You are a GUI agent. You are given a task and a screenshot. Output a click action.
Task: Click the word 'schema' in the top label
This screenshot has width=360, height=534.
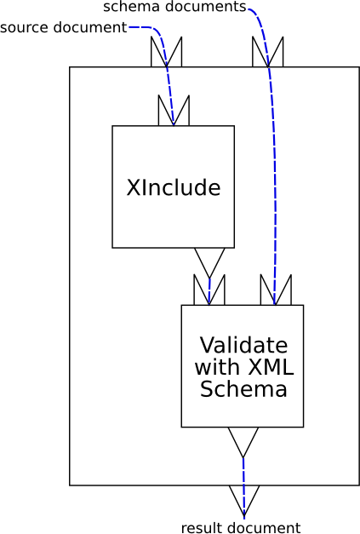point(126,7)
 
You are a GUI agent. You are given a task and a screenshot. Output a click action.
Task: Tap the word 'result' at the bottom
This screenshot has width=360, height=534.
point(200,528)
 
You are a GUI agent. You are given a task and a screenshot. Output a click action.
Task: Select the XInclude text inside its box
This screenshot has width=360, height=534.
point(173,187)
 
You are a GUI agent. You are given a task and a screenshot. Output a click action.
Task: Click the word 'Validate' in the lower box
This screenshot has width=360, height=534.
point(243,346)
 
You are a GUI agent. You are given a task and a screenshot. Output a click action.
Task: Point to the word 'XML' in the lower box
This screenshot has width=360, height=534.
point(270,368)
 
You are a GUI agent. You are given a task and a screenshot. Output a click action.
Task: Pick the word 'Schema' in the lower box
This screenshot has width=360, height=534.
point(243,390)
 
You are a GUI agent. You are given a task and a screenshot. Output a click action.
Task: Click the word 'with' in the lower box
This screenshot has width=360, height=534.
point(218,368)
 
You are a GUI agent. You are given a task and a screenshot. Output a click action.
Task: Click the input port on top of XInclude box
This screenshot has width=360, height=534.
point(174,110)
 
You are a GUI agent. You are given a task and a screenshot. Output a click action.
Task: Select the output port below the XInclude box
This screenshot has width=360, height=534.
point(209,261)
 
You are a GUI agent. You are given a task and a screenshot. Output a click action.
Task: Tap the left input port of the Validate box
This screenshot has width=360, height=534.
point(209,290)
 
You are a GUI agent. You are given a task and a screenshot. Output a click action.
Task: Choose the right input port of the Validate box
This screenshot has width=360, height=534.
point(276,290)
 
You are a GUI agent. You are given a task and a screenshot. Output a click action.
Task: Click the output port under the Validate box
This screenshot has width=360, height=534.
point(243,440)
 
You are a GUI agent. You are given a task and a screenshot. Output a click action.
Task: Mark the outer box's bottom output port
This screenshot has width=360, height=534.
point(244,499)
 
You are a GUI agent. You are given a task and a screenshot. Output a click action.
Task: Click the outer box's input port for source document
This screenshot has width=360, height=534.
point(166,52)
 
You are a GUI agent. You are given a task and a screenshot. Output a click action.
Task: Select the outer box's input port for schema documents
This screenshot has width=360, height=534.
point(268,52)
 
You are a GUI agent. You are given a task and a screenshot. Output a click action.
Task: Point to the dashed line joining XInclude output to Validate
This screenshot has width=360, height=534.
point(209,285)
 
